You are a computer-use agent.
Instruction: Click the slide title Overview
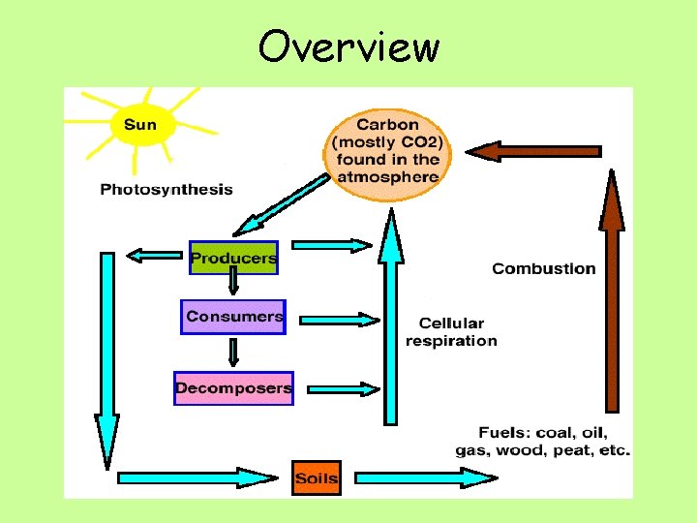[x=348, y=46]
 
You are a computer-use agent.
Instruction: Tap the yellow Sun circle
[x=140, y=125]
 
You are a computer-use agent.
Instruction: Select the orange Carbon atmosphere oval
[x=387, y=150]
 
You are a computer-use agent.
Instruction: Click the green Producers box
[x=233, y=258]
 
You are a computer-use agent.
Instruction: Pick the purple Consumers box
[x=233, y=317]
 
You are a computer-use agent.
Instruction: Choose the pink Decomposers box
[x=233, y=388]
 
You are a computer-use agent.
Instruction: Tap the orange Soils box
[x=317, y=477]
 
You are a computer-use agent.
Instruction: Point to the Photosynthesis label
[x=167, y=189]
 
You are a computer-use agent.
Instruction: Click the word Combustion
[x=544, y=268]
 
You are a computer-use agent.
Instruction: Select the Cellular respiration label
[x=451, y=331]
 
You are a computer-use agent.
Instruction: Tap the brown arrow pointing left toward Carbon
[x=532, y=151]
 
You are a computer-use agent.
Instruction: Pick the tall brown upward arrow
[x=612, y=291]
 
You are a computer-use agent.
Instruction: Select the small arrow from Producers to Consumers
[x=233, y=283]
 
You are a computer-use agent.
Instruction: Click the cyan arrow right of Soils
[x=426, y=477]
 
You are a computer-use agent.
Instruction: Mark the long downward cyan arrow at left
[x=106, y=358]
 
